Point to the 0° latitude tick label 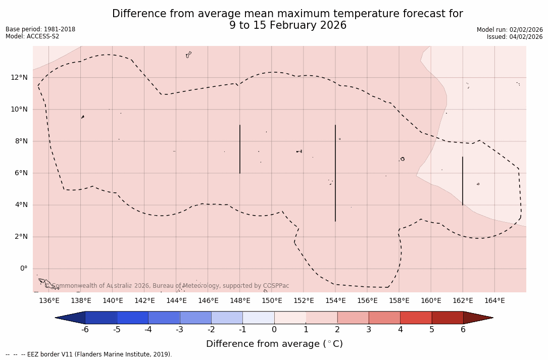pos(23,269)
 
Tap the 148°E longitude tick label pos(240,301)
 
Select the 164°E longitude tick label pos(494,301)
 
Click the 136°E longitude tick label pos(49,301)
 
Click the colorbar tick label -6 pos(85,330)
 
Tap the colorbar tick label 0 pos(274,330)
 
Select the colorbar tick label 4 pos(400,330)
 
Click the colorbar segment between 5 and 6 pos(447,318)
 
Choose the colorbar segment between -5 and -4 pos(132,318)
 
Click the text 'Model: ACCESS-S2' pos(32,36)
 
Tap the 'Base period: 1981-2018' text pos(40,29)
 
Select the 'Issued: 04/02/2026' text pos(515,37)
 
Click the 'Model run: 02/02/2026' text pos(510,30)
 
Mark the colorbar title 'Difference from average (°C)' pos(274,344)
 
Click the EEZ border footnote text pos(89,354)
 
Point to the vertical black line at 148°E pos(240,149)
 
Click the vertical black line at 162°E pos(463,181)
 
